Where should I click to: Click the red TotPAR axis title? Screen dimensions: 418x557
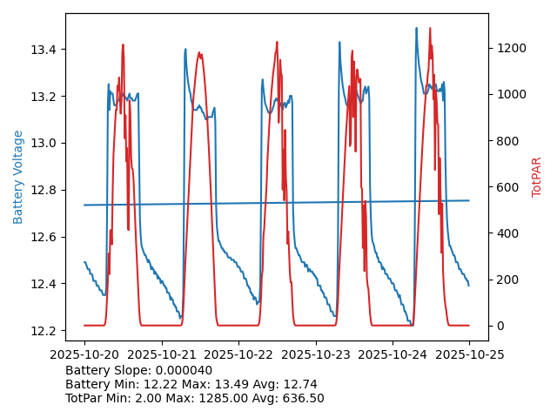[x=537, y=177]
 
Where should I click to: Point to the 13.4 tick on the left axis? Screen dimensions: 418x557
[x=44, y=50]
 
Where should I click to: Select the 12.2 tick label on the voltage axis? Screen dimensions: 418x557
[x=44, y=331]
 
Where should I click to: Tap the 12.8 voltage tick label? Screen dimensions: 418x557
[x=44, y=191]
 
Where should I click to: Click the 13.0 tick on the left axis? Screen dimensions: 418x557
[x=44, y=144]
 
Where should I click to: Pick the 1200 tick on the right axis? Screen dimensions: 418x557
[x=509, y=48]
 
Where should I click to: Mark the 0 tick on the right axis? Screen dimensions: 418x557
[x=499, y=326]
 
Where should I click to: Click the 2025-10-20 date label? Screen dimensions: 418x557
[x=84, y=354]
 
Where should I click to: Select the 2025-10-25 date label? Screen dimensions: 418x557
[x=469, y=354]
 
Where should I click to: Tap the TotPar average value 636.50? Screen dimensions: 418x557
[x=301, y=398]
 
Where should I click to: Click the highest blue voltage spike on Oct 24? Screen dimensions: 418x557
[x=416, y=29]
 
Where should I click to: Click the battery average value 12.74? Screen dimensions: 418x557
[x=299, y=384]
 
